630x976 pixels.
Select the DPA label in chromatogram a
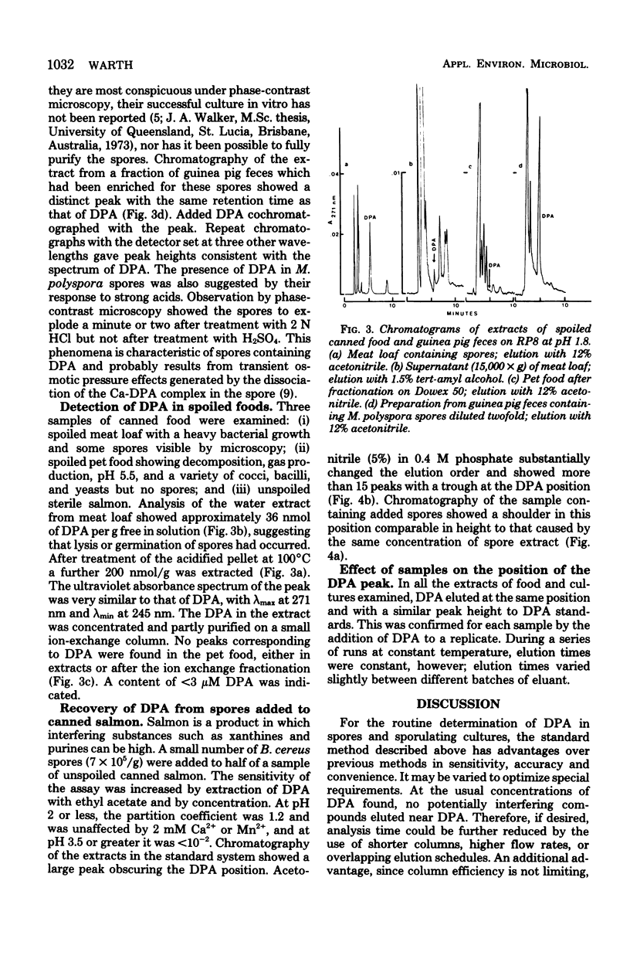click(x=369, y=218)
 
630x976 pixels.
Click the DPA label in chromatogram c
click(x=495, y=265)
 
